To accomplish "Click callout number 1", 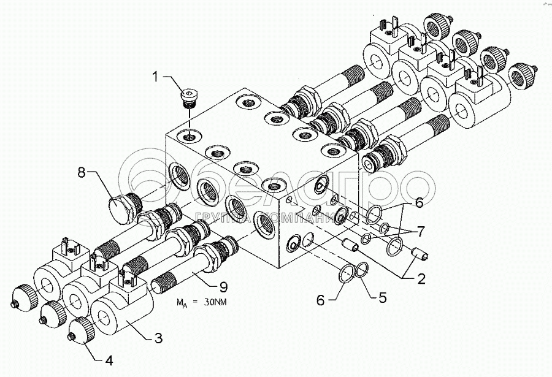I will [x=155, y=77].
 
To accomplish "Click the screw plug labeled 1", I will [x=191, y=97].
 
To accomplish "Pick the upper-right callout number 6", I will [x=419, y=201].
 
